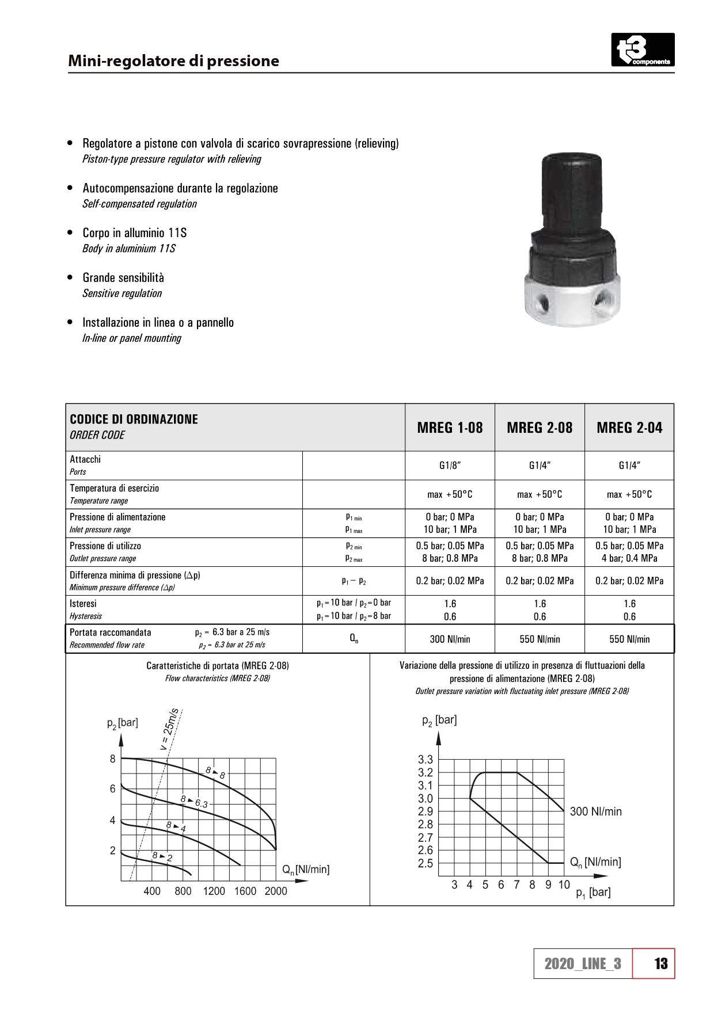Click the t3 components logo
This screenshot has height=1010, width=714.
coord(642,50)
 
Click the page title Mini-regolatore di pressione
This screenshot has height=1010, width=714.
coord(173,61)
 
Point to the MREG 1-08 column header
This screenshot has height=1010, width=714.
coord(450,428)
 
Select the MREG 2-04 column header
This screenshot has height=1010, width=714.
coord(629,428)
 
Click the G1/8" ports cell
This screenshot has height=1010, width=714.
coord(450,466)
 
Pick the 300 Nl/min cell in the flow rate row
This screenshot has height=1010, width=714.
coord(450,639)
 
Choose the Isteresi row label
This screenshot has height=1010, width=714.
coord(83,604)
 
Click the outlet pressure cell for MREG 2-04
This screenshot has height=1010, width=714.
coord(629,552)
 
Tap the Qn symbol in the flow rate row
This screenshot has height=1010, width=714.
coord(354,639)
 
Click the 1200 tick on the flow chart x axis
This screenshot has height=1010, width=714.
coord(214,891)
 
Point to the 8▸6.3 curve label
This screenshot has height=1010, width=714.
coord(194,802)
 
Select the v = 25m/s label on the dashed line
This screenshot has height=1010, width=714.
coord(170,729)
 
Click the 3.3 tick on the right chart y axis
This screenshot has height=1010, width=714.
coord(425,760)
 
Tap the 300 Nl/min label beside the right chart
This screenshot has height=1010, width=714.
coord(595,811)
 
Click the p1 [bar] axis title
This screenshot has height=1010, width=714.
coord(593,893)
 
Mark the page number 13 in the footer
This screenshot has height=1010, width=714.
coord(660,963)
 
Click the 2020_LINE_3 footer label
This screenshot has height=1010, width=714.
coord(583,964)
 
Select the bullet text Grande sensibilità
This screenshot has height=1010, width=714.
coord(123,278)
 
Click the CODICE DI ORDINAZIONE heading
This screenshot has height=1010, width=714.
coord(134,420)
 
